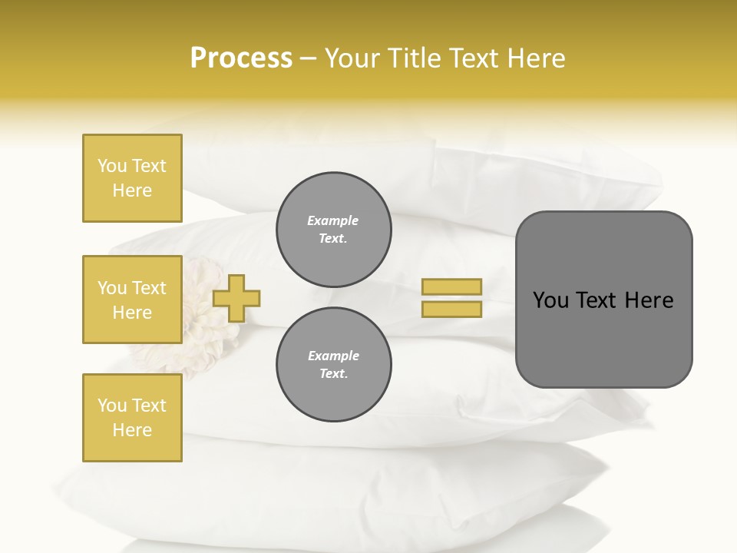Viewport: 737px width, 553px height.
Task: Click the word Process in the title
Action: click(x=241, y=58)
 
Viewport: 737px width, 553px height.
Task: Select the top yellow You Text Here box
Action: click(x=132, y=178)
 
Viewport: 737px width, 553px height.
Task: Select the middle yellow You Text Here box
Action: click(x=132, y=300)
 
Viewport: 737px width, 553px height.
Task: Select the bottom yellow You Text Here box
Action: click(x=132, y=418)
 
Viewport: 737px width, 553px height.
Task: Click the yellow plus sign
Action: click(x=236, y=298)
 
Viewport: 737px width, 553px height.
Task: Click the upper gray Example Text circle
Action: click(x=333, y=229)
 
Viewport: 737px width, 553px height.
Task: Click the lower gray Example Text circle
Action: click(x=333, y=364)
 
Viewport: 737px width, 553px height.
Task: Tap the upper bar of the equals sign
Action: click(x=451, y=286)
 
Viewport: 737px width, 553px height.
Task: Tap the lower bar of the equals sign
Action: click(x=451, y=309)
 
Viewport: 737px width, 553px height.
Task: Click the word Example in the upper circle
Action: click(x=333, y=220)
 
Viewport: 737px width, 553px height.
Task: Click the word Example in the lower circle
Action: click(x=333, y=356)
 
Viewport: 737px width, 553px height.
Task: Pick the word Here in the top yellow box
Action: click(x=132, y=190)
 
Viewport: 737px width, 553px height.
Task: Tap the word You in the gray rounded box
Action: click(x=550, y=300)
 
